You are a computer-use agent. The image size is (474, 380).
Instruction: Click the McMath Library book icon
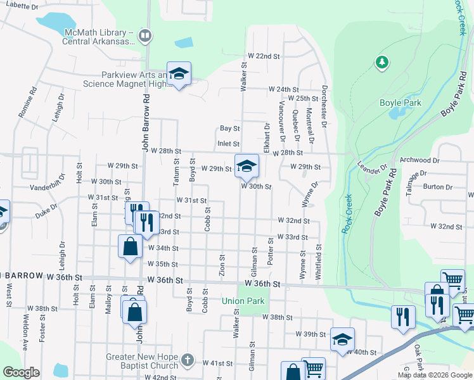coord(145,35)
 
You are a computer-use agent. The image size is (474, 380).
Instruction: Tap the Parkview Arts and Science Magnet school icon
coord(179,74)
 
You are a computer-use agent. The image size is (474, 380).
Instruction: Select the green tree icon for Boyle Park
coord(381,61)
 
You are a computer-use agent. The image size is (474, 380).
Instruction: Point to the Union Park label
coord(243,301)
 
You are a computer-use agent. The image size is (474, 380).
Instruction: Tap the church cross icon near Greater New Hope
coord(186,360)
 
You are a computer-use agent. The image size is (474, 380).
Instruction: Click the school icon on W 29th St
coord(247,167)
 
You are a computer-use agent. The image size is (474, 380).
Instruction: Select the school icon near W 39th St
coord(342,339)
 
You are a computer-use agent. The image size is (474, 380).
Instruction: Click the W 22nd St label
coord(264,56)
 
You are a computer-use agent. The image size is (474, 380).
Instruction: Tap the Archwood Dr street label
coord(420,161)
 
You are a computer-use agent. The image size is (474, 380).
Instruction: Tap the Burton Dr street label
coord(438,187)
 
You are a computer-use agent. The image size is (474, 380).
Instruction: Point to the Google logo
coord(21,372)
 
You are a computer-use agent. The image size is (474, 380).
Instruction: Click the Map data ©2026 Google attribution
coord(434,375)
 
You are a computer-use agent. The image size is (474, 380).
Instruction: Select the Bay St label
coord(229,129)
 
